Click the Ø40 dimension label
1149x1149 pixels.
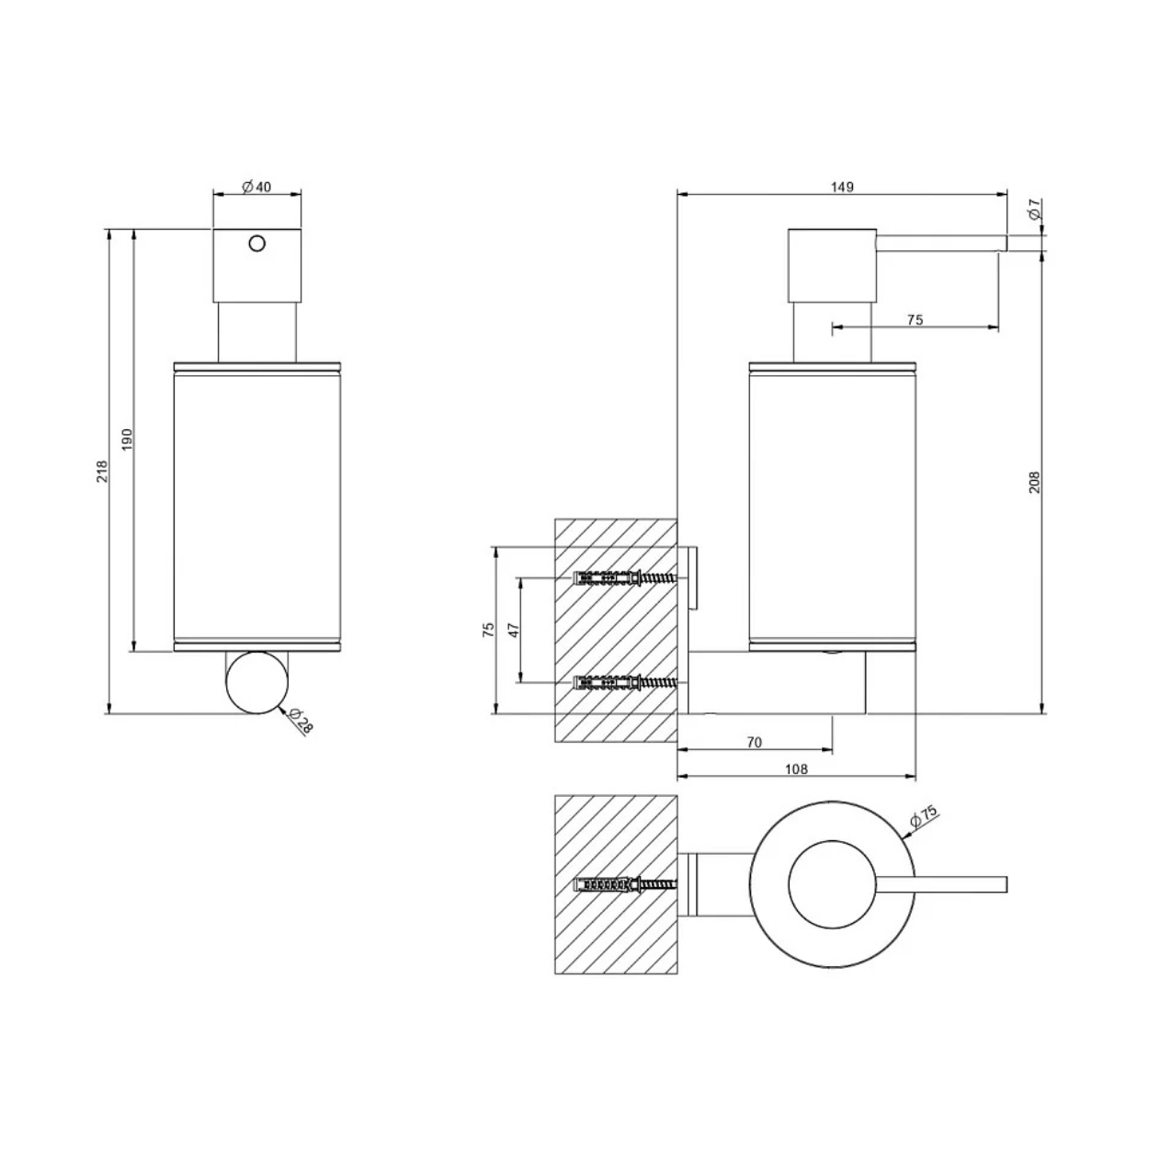point(256,187)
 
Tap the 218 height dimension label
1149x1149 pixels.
point(103,471)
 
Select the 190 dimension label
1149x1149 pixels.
point(127,439)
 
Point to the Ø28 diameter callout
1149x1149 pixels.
point(300,721)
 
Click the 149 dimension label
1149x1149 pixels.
point(842,187)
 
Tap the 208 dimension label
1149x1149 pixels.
point(1034,482)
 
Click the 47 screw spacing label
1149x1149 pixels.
point(515,630)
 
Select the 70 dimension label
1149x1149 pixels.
point(755,743)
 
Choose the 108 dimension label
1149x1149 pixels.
point(796,769)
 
